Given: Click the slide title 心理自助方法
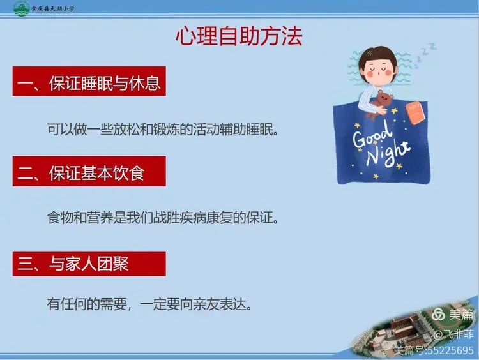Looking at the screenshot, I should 239,36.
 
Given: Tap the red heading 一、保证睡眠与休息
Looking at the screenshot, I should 89,84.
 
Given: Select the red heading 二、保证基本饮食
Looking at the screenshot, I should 89,173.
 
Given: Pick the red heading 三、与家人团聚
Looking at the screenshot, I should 89,264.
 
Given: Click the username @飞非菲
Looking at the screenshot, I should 454,334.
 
